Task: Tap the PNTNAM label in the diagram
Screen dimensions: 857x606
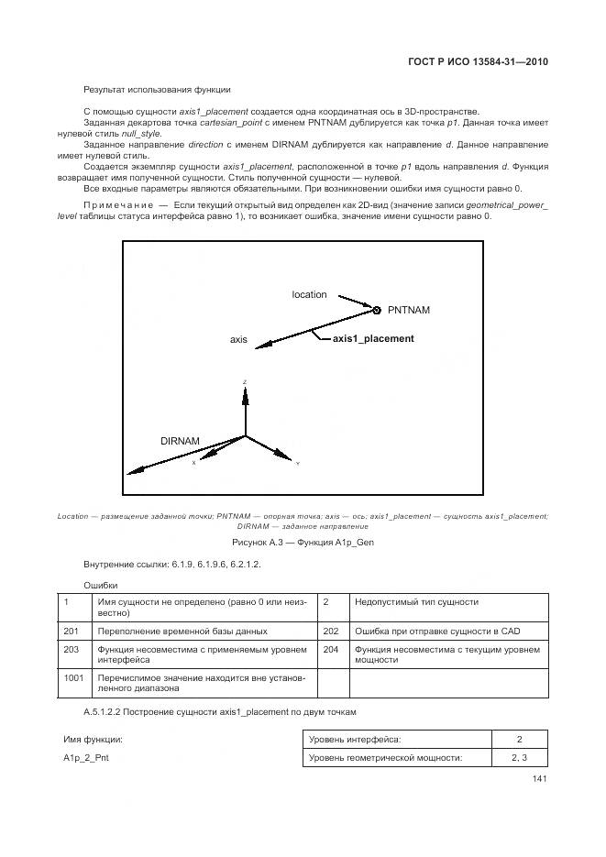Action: [x=408, y=310]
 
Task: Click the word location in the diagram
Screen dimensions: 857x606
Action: [x=309, y=294]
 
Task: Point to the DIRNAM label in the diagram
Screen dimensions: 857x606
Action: [x=180, y=441]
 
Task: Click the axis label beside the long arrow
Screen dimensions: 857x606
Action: [x=238, y=339]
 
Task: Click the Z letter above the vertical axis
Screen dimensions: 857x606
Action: [x=245, y=380]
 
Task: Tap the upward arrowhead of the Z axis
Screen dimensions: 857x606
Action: [x=245, y=390]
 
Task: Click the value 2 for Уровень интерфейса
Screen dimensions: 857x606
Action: [x=519, y=739]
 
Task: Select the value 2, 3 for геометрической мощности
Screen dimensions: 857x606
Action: [x=519, y=758]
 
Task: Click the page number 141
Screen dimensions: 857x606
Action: [x=539, y=780]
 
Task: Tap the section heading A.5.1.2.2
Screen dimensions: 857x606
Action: [x=219, y=712]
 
